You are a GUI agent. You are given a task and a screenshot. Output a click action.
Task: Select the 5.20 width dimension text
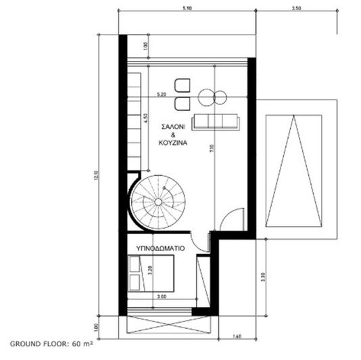coord(162,94)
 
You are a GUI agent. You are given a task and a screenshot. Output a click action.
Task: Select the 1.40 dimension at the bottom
coord(237,335)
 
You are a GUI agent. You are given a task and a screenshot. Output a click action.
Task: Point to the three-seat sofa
coord(216,121)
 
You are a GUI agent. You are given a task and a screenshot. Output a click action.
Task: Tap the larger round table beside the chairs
coord(206,98)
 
